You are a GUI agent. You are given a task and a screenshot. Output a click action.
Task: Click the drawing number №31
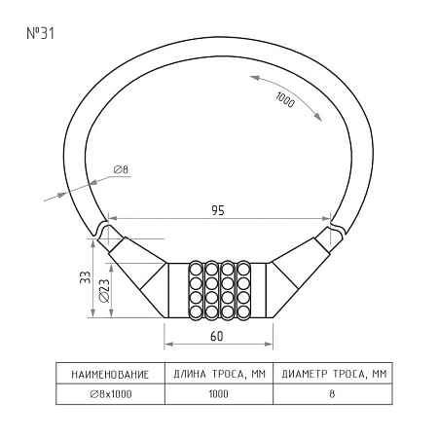tap(40, 33)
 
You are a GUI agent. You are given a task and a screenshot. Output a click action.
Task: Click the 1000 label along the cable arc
tap(285, 99)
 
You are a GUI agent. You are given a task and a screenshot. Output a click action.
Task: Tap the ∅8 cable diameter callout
tap(122, 169)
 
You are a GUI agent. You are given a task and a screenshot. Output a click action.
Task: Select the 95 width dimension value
tap(218, 210)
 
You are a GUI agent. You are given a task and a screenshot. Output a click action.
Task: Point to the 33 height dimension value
tap(86, 277)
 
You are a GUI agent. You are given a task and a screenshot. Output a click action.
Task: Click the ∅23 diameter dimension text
tap(104, 291)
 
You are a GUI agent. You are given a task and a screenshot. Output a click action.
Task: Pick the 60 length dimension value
tap(217, 337)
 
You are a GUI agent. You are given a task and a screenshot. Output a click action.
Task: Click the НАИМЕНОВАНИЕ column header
tap(110, 375)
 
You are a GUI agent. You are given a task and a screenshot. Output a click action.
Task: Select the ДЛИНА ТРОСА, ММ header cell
tap(219, 374)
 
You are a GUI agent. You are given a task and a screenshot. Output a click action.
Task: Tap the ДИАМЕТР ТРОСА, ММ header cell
tap(334, 374)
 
